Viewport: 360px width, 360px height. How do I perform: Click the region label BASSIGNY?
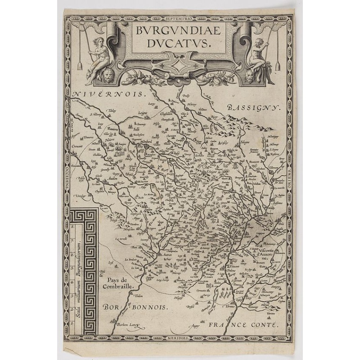click(254, 108)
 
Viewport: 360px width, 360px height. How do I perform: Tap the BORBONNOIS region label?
click(135, 307)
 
